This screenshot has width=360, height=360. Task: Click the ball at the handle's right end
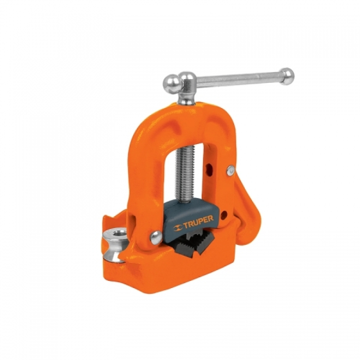coord(287,76)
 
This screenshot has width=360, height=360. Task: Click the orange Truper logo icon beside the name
coord(177,228)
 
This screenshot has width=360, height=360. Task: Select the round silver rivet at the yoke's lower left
coord(156,237)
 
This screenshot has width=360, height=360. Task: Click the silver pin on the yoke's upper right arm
coord(230,171)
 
